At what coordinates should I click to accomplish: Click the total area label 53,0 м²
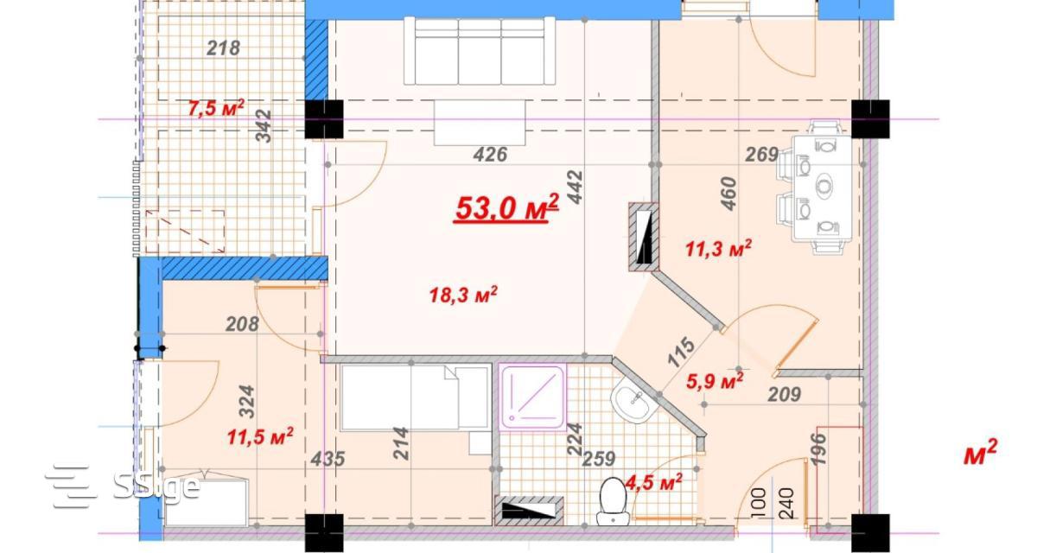[507, 208]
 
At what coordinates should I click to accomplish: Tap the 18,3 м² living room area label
[463, 295]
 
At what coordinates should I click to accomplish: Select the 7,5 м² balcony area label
[216, 109]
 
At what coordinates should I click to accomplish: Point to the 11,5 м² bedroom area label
[260, 436]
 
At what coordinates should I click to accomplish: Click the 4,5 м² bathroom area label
[653, 482]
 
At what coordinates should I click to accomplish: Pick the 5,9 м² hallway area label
[715, 381]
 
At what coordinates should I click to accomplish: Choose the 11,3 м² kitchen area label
[718, 249]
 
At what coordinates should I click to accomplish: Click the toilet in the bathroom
[613, 502]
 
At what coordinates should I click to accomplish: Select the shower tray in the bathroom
[533, 396]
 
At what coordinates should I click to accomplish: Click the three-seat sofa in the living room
[480, 51]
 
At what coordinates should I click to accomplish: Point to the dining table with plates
[822, 188]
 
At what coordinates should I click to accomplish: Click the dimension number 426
[490, 155]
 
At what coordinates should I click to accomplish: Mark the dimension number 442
[575, 188]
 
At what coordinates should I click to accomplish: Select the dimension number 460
[728, 194]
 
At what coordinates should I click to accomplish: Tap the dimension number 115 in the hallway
[682, 352]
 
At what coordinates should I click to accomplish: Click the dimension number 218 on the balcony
[223, 48]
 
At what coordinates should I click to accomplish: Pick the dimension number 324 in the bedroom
[247, 402]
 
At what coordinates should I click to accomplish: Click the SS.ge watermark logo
[123, 486]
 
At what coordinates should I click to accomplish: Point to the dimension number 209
[785, 395]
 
